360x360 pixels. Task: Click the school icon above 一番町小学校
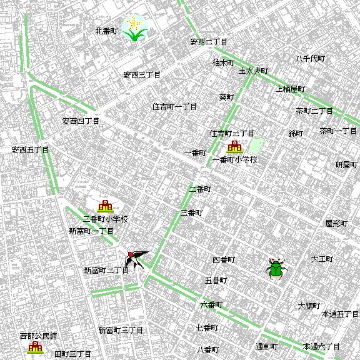235,148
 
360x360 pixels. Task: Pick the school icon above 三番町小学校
105,206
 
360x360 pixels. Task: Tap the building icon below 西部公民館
34,347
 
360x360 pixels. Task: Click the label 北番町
106,31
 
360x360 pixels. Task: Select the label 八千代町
311,59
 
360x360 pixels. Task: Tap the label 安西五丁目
30,150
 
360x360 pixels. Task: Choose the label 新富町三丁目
121,330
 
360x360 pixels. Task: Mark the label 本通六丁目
321,346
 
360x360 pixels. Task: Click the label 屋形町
336,223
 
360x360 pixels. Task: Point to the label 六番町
211,305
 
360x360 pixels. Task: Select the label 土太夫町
253,71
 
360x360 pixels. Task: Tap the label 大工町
322,259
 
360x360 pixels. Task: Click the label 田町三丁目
74,354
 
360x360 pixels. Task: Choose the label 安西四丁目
81,121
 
